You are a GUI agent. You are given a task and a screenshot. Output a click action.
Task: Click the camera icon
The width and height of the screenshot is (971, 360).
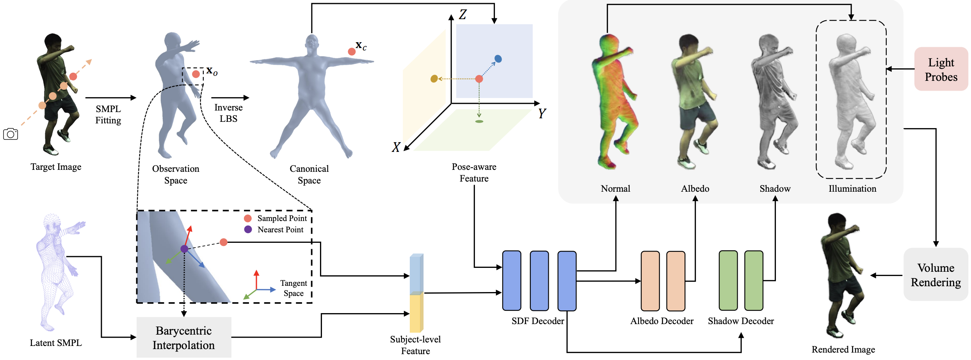11,134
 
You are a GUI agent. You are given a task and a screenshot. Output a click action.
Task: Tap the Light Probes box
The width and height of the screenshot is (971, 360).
941,69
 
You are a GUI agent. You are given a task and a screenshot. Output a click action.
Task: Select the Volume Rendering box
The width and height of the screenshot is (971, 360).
936,274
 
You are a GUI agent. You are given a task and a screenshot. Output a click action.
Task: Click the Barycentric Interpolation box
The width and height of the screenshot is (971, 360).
184,338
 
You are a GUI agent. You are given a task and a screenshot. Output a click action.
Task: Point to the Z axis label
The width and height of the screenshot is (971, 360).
462,14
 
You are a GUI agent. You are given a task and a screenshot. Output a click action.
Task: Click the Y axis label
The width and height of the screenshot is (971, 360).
542,113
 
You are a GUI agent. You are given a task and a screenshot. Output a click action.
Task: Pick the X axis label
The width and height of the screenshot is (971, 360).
396,147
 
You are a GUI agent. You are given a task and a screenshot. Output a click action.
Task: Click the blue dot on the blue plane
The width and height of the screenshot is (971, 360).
498,59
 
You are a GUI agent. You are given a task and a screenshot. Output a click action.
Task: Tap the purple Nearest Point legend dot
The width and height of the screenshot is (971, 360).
248,229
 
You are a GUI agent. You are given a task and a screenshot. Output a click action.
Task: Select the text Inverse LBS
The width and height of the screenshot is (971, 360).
229,113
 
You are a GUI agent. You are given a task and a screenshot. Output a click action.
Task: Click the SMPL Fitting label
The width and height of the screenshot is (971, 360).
108,114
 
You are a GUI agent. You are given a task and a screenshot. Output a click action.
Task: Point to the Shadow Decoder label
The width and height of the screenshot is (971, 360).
741,321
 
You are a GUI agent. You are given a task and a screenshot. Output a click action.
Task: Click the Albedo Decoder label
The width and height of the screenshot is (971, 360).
662,321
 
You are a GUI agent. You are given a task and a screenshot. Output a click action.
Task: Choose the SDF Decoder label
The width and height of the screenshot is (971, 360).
538,321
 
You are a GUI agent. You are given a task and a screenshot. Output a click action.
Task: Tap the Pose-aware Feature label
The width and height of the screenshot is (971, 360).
474,173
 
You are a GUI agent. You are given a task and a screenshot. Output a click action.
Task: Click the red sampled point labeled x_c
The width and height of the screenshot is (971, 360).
352,52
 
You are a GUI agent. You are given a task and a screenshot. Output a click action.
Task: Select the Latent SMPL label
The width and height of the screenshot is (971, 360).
56,343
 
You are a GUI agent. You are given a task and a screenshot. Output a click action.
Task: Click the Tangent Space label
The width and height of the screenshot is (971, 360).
293,288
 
